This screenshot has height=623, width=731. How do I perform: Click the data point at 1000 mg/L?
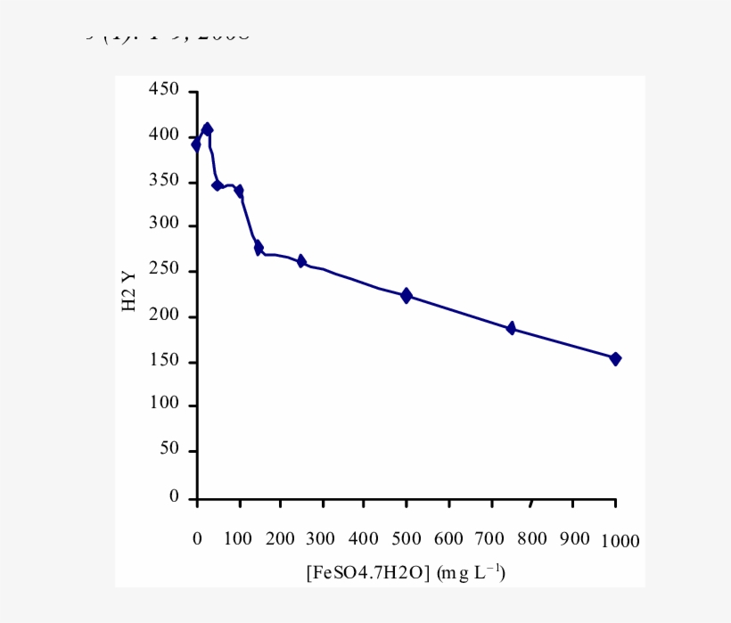(615, 358)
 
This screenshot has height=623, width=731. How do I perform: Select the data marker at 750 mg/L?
(511, 328)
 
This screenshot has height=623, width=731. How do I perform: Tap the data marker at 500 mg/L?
(407, 296)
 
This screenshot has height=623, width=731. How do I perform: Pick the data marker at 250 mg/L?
(301, 261)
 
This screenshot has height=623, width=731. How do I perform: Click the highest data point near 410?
(207, 129)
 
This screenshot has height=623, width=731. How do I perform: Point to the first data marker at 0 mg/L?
(197, 144)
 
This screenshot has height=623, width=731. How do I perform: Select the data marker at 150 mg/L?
(259, 248)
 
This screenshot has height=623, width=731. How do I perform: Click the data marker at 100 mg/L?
(239, 192)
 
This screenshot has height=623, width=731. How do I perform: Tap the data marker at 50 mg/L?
(217, 184)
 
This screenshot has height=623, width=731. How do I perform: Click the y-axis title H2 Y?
(130, 291)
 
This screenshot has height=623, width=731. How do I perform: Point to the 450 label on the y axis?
(164, 90)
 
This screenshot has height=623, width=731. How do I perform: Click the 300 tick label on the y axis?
(164, 225)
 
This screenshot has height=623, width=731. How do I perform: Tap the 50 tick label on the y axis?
(168, 450)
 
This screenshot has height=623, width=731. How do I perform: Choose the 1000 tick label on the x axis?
(618, 541)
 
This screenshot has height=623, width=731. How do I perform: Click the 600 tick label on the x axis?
(448, 539)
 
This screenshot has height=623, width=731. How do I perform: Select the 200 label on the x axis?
(280, 539)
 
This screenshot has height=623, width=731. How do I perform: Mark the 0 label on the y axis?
(174, 496)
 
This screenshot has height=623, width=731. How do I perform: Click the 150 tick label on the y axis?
(164, 361)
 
